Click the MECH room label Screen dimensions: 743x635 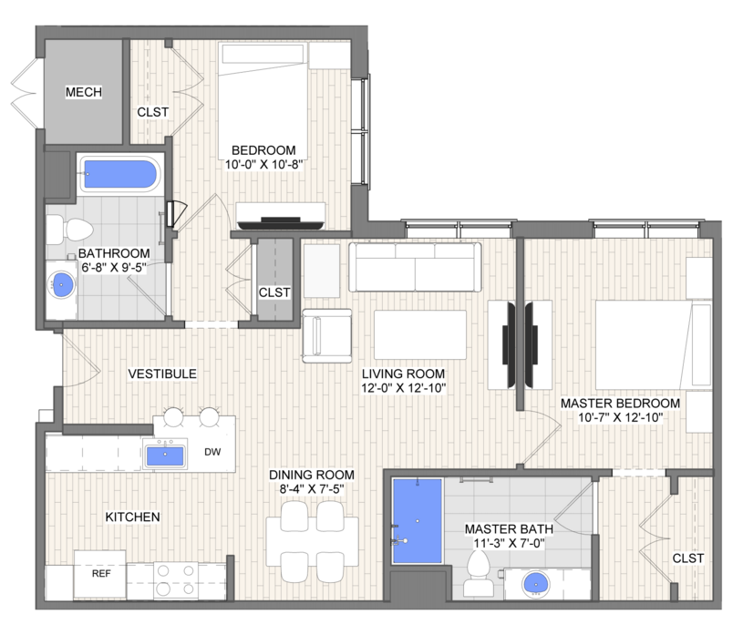pos(83,92)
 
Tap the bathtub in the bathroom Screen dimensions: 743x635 pos(120,174)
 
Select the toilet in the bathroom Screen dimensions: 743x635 pos(69,230)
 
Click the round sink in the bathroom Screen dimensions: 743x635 pos(62,285)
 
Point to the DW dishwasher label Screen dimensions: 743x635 pos(212,452)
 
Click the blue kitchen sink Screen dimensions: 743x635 pos(165,455)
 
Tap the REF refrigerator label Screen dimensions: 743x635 pos(101,573)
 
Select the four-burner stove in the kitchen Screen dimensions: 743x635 pos(176,579)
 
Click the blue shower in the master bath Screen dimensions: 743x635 pos(418,521)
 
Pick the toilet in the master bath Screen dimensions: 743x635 pos(478,573)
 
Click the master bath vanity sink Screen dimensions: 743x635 pos(536,584)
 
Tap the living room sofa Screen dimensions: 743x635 pos(415,267)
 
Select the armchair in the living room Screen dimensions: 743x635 pos(327,336)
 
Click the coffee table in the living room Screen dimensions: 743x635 pos(420,334)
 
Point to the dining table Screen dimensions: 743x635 pos(312,542)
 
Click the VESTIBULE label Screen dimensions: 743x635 pos(162,374)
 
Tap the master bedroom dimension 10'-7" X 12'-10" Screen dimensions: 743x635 pos(620,417)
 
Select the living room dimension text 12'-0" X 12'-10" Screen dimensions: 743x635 pos(403,388)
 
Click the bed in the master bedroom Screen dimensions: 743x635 pos(654,344)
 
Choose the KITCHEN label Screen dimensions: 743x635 pos(133,517)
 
